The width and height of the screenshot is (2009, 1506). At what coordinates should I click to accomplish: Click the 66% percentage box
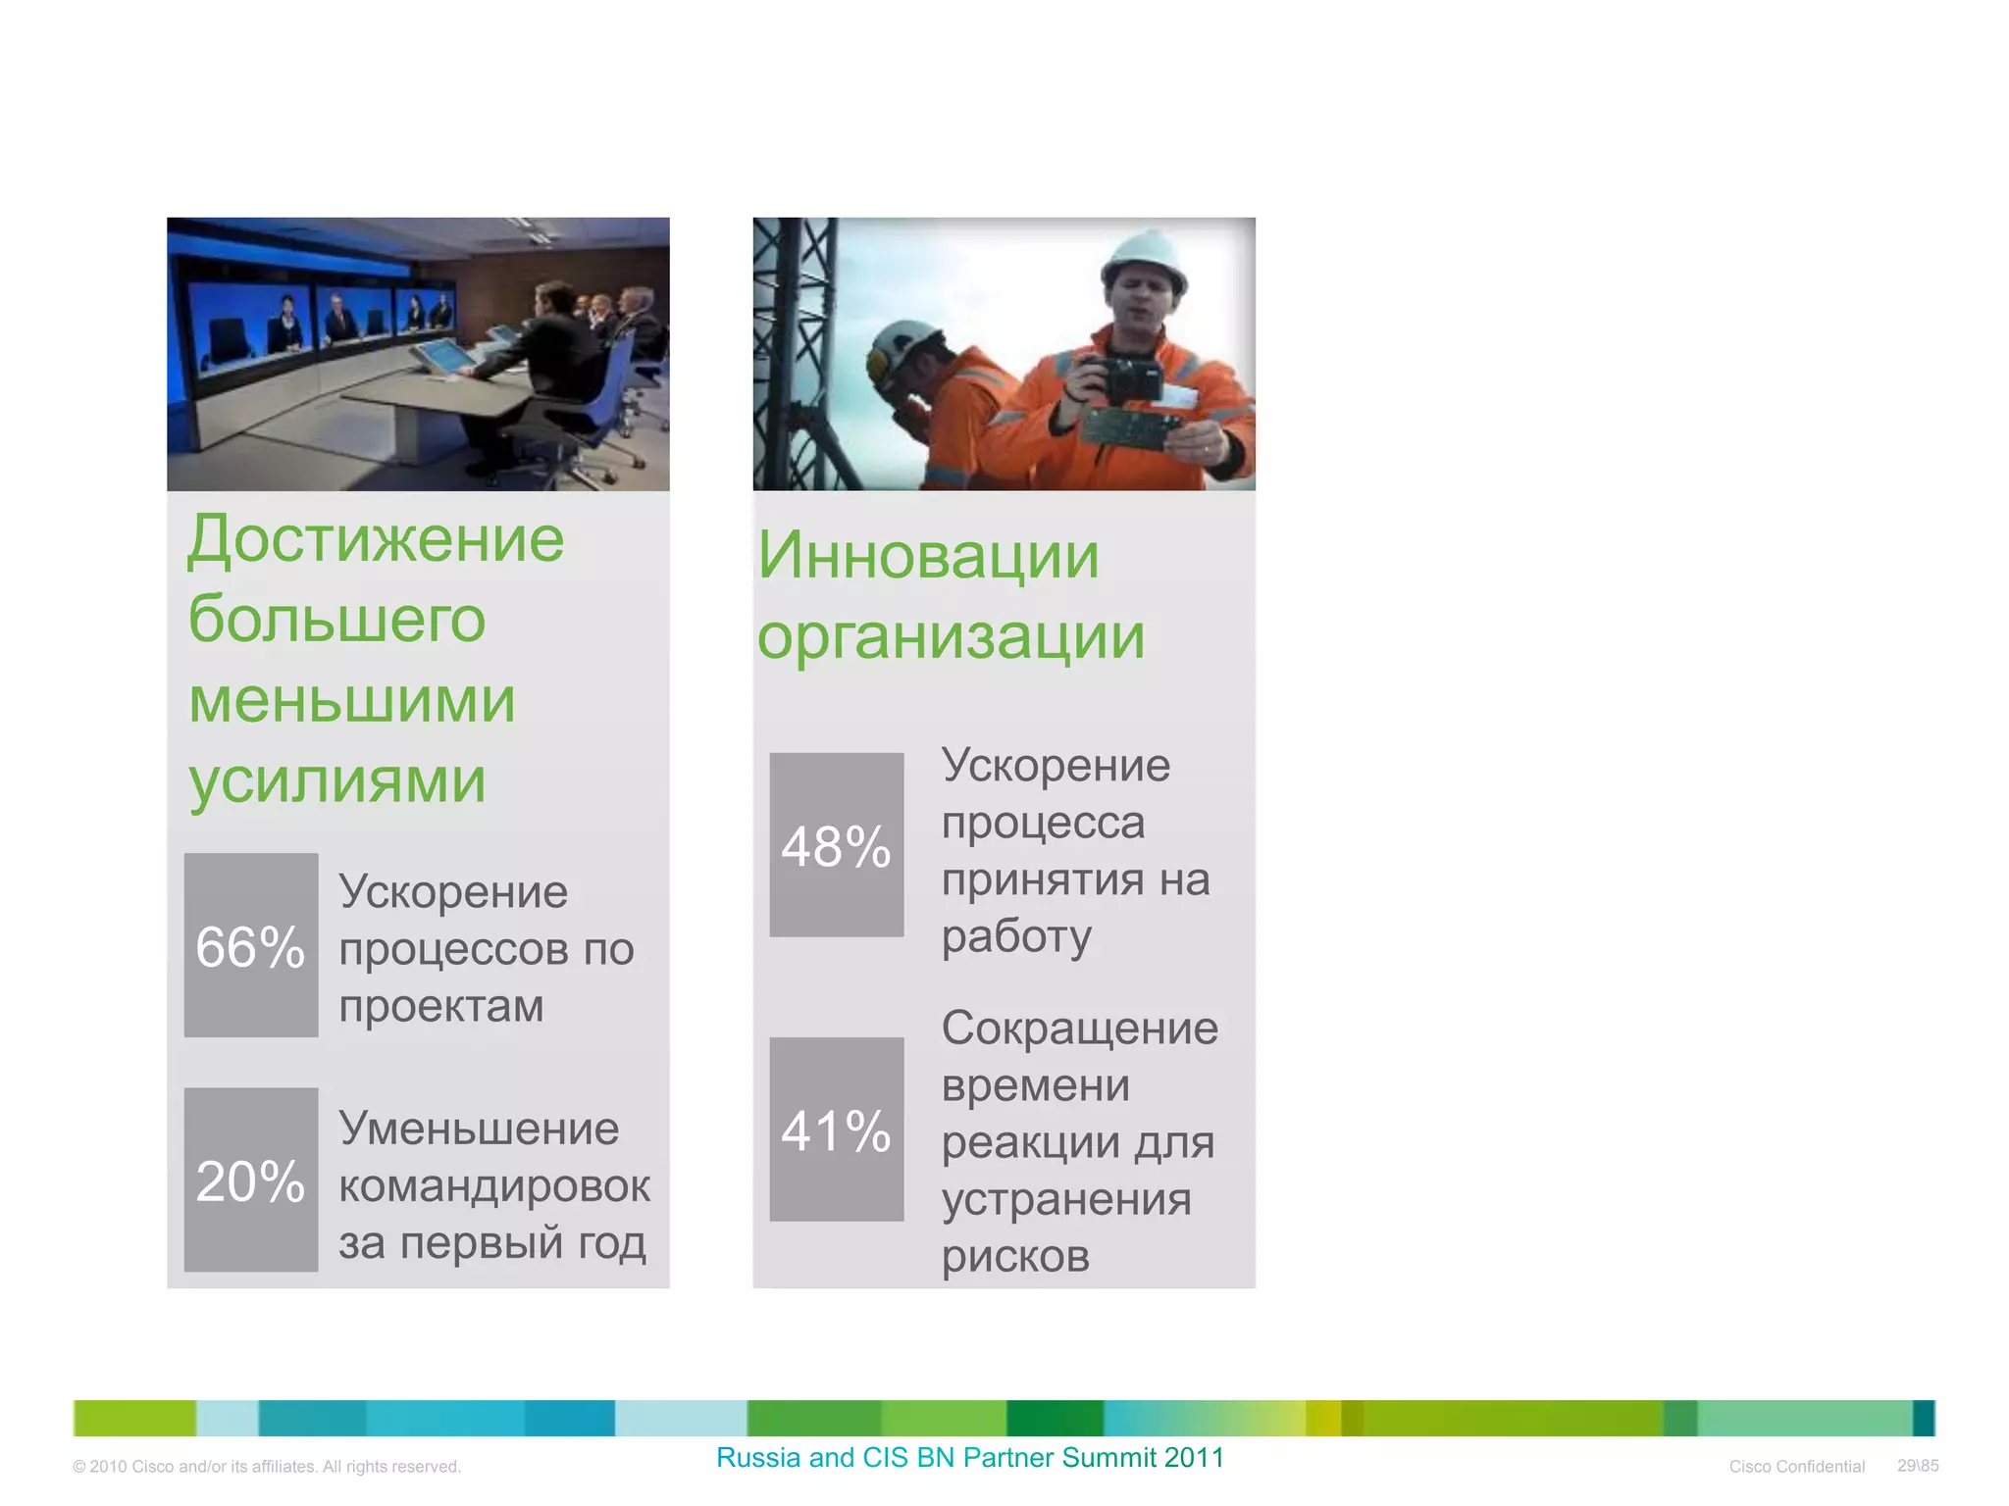251,945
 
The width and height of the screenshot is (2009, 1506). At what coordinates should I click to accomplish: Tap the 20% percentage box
251,1180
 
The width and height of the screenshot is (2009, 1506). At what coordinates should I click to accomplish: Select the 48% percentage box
836,845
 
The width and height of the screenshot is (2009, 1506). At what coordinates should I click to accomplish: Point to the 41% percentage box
836,1129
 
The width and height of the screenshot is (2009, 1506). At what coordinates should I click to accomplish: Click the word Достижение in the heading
376,540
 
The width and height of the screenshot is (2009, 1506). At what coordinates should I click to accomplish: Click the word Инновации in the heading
928,556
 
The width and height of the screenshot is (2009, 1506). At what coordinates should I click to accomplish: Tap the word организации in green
951,637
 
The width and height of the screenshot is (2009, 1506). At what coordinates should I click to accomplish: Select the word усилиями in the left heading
336,781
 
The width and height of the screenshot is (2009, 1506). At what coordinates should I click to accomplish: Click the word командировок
493,1186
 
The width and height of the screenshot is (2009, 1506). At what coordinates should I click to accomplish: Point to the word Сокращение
1079,1029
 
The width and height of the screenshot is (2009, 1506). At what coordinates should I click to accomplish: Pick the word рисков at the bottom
1015,1257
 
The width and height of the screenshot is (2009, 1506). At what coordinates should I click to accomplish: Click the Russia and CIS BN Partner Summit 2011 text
969,1458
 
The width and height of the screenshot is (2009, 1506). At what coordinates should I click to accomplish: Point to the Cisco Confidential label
1796,1467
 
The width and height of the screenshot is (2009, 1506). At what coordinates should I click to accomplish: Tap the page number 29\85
1917,1466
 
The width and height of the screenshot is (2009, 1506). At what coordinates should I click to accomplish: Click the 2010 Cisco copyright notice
267,1467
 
